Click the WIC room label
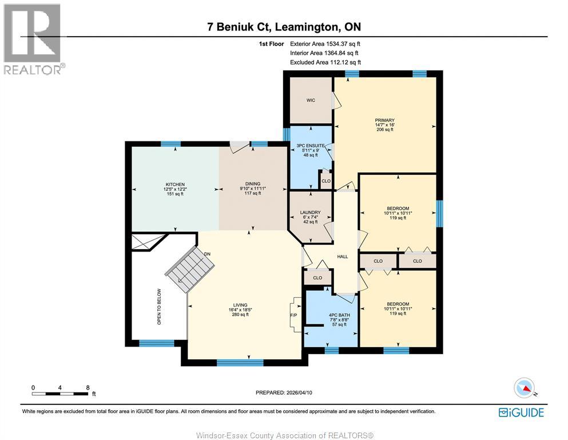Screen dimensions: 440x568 tap(311, 100)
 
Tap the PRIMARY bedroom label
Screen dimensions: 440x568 tap(384, 120)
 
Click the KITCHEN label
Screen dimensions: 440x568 tap(175, 184)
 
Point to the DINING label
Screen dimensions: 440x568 tap(252, 184)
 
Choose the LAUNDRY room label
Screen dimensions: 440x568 tap(311, 213)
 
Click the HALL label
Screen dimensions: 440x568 tap(342, 257)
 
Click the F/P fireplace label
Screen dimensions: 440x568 tap(294, 315)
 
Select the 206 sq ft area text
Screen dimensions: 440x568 tap(384, 130)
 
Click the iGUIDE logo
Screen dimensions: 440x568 tap(521, 412)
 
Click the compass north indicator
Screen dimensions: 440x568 tap(525, 388)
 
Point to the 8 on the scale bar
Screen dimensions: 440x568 tap(88, 387)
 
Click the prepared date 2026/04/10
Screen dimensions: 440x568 tap(300, 392)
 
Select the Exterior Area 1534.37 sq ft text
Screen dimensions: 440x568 tap(325, 43)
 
